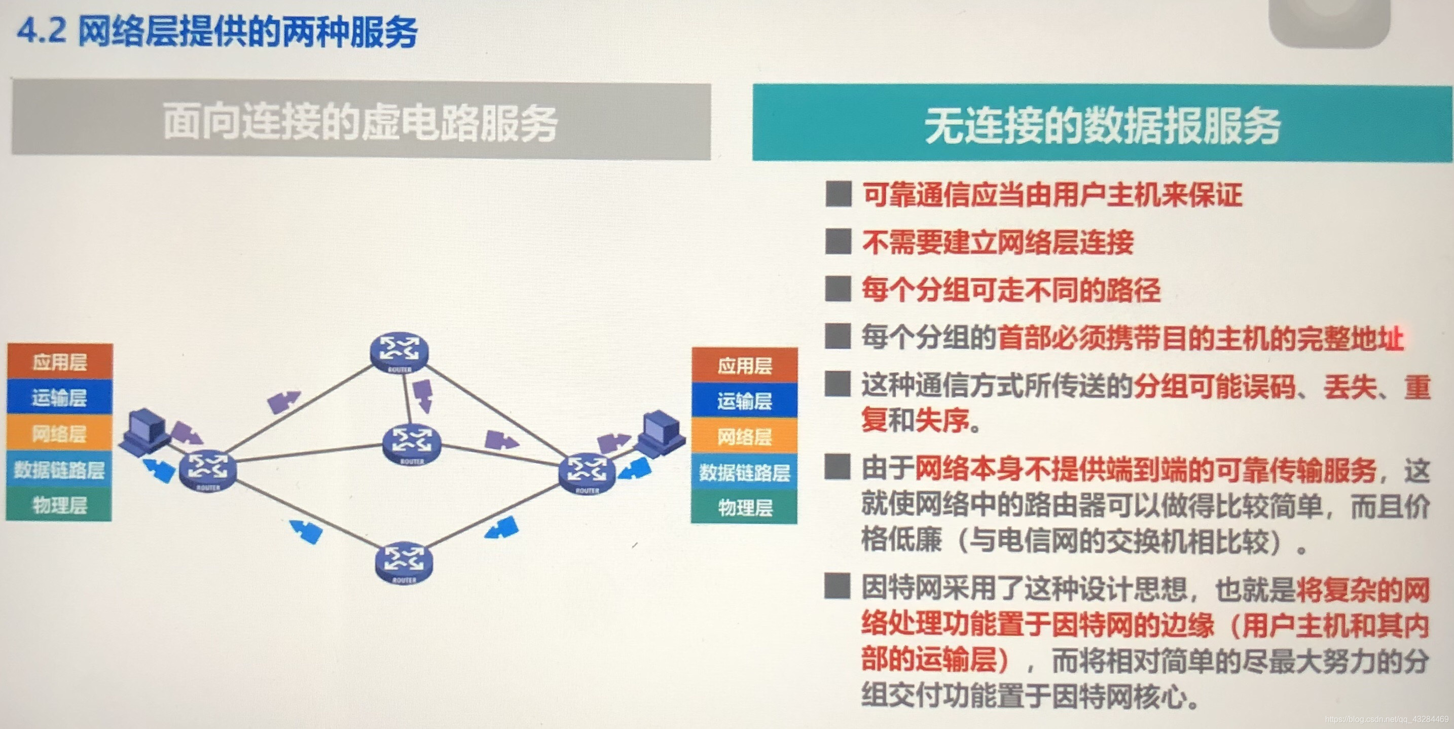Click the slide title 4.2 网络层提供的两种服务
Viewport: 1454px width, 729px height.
click(217, 31)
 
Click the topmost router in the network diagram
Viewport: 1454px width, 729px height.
click(399, 351)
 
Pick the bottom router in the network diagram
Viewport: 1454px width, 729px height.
click(404, 563)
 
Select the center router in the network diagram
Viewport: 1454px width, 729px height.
click(412, 444)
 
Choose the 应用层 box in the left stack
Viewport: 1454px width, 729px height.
click(59, 361)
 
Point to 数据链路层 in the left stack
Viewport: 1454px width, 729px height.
click(59, 470)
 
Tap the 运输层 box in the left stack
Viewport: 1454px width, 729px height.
click(59, 398)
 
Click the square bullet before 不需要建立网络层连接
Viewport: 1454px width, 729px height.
click(838, 241)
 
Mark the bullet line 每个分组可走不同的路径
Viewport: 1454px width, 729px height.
click(1010, 290)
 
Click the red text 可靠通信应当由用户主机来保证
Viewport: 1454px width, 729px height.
click(1052, 195)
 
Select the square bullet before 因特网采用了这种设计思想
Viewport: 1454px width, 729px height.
click(838, 586)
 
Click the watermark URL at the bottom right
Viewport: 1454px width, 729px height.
click(1386, 719)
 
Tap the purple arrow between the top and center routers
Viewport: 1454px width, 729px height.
click(423, 395)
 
